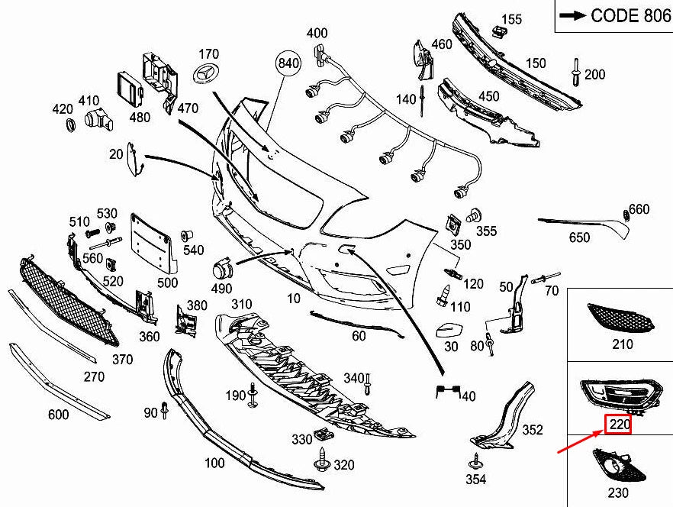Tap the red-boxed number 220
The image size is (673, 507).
[x=617, y=425]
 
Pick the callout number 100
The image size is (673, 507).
[x=215, y=463]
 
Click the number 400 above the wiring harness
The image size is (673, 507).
[x=317, y=33]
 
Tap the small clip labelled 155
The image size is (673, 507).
[x=500, y=31]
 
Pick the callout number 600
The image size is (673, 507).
[x=58, y=415]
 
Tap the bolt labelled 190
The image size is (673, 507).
[x=253, y=396]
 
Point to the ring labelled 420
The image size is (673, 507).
[x=67, y=124]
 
